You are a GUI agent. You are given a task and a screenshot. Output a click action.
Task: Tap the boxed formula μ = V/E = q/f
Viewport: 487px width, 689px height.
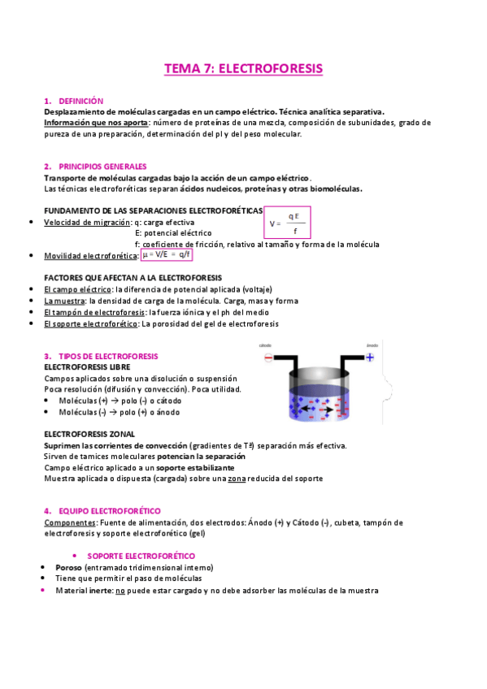pos(166,254)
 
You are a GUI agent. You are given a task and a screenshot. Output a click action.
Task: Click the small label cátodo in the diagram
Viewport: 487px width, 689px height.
pos(265,345)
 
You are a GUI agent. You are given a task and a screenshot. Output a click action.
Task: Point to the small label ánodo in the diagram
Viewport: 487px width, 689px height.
pos(372,344)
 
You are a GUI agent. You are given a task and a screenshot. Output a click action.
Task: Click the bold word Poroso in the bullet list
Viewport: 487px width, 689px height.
pos(68,566)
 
